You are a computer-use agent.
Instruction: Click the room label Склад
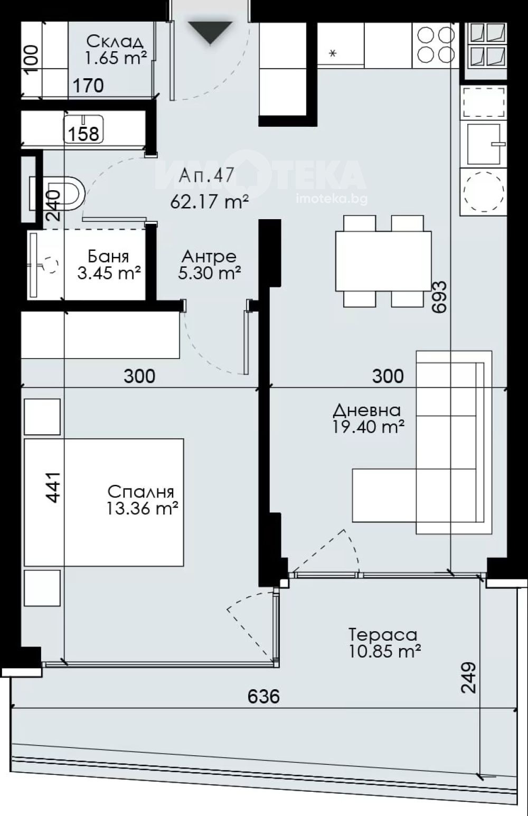point(115,42)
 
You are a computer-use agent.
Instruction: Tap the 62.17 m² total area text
point(210,202)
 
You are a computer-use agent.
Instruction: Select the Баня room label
point(109,257)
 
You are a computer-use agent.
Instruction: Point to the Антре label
point(209,257)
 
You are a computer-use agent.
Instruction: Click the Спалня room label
point(141,492)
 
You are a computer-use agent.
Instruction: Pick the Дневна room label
point(367,410)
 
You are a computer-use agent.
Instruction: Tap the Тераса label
point(383,635)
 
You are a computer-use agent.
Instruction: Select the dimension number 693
point(439,296)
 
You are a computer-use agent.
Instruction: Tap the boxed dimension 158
point(84,134)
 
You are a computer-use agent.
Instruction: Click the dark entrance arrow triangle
point(210,33)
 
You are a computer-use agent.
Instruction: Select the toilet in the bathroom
point(58,193)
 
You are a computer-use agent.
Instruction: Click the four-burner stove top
point(436,45)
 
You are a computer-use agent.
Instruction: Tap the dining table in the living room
point(383,261)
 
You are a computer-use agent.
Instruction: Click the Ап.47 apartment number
point(206,175)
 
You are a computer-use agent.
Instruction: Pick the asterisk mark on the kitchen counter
point(333,53)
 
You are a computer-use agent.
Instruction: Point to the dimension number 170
point(89,86)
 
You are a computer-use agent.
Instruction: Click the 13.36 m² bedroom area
point(143,508)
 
